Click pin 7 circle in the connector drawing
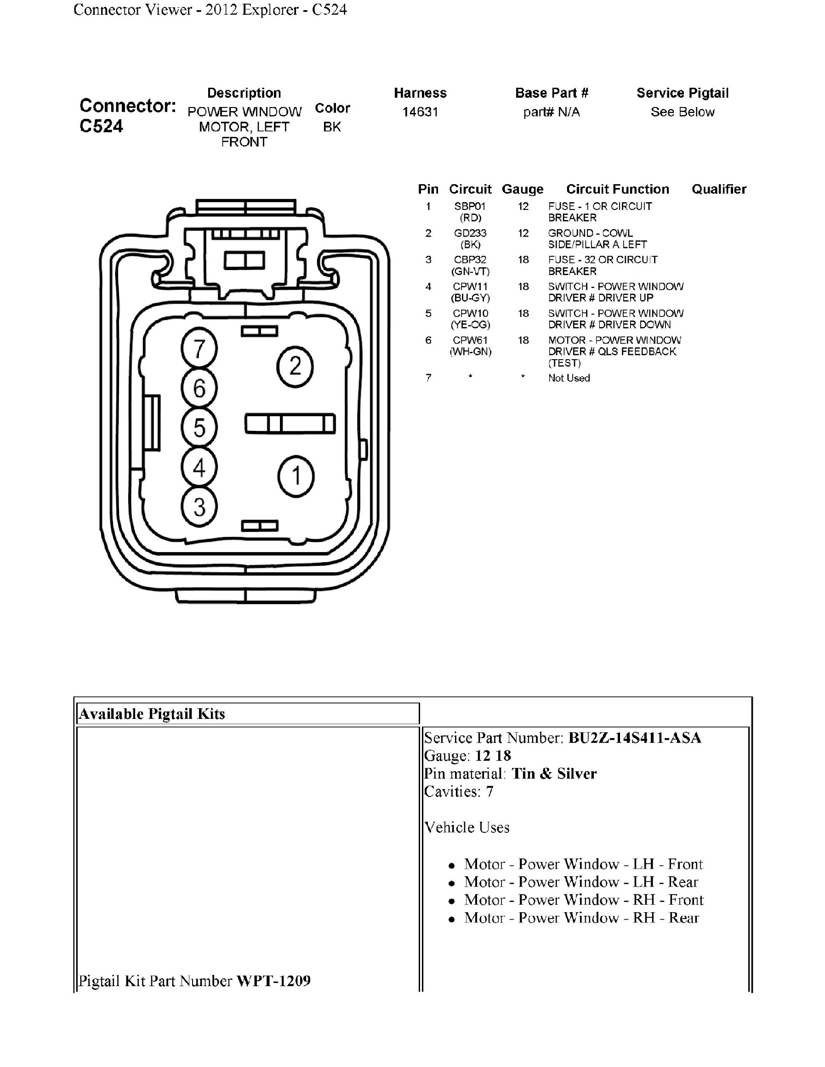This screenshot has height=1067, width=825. (199, 349)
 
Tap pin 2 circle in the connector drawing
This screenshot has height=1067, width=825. (295, 367)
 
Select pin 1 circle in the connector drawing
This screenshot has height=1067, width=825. (296, 476)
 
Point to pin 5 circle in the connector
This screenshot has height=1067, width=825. (199, 428)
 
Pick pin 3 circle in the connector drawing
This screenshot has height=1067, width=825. (199, 507)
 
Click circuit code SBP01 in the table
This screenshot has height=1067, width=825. (470, 206)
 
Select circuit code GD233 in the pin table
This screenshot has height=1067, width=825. (470, 233)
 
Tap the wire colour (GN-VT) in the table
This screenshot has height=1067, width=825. (470, 271)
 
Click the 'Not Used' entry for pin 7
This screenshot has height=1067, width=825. (569, 378)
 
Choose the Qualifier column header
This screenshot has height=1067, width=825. (718, 189)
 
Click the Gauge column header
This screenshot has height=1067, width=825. (523, 189)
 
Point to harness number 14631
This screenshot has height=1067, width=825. (420, 112)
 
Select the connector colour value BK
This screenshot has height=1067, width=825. (332, 127)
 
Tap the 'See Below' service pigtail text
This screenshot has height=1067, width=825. (682, 112)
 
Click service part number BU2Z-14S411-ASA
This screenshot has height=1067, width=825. (634, 737)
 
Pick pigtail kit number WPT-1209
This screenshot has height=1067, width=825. (273, 981)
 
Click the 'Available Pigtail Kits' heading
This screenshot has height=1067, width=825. (152, 714)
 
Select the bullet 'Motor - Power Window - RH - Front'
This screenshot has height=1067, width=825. (584, 899)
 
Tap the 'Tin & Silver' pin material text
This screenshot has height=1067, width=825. (554, 773)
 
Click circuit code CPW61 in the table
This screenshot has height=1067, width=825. (470, 340)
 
